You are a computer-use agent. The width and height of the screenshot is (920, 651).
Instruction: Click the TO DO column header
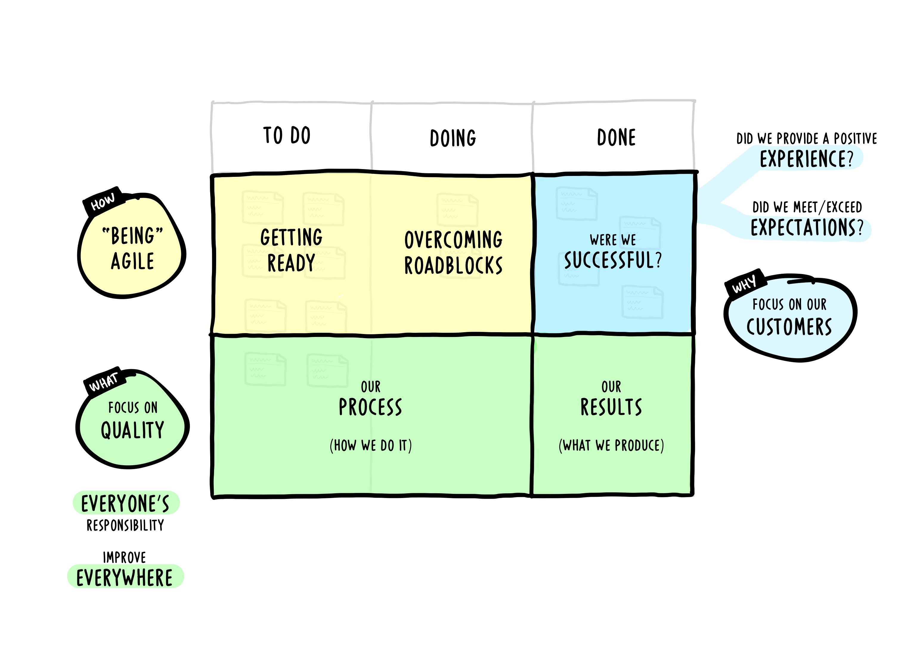[287, 135]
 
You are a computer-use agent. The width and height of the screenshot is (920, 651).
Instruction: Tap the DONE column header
[616, 137]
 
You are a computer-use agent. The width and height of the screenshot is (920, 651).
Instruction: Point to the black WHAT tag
[104, 381]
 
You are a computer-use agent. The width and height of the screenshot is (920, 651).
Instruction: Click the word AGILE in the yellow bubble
[132, 261]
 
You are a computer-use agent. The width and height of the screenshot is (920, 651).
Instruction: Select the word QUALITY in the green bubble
[132, 430]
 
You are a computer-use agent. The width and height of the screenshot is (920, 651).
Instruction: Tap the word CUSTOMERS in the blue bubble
[789, 327]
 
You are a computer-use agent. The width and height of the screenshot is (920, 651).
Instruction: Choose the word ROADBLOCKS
[453, 266]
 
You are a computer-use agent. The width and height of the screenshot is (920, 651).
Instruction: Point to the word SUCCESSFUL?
[613, 260]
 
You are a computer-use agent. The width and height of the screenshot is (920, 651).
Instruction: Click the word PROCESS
[370, 407]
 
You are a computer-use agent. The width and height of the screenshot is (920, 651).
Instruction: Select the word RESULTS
[611, 407]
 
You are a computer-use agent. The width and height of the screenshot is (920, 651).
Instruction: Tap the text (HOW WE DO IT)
[371, 445]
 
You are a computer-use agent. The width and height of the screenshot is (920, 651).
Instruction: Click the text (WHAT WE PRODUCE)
[611, 445]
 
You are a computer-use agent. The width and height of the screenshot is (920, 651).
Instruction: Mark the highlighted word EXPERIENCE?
[807, 159]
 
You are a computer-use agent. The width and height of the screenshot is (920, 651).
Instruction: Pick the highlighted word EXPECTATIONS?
[807, 228]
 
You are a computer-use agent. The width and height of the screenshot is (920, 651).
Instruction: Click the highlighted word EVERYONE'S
[126, 503]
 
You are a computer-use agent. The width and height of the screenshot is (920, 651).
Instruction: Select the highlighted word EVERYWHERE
[125, 578]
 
